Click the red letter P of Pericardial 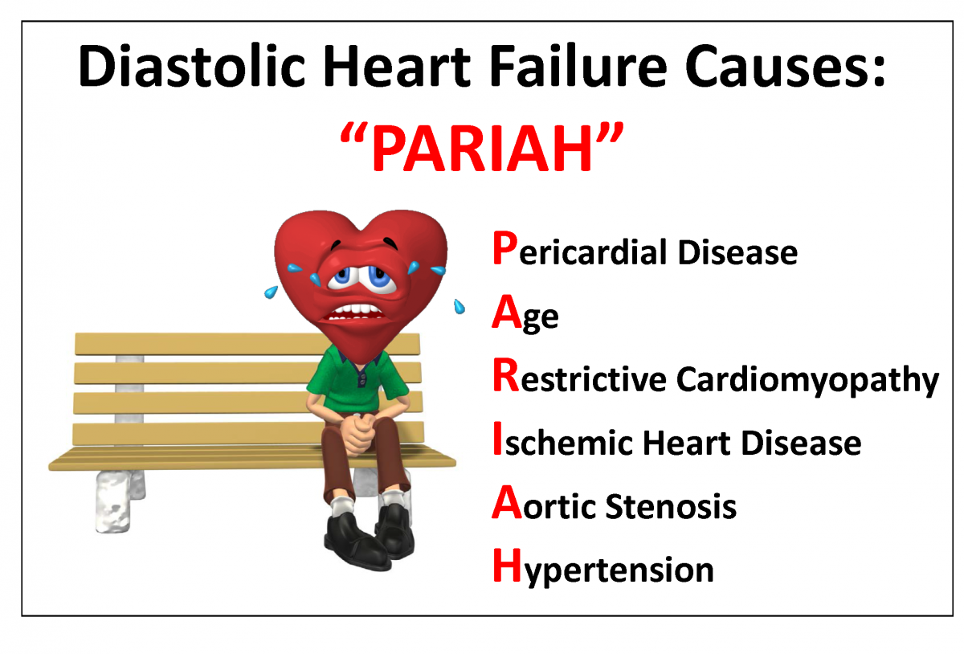pos(502,250)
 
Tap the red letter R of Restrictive pos(504,378)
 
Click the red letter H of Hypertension pos(504,568)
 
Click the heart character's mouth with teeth pos(354,310)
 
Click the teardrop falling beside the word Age pos(460,306)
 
